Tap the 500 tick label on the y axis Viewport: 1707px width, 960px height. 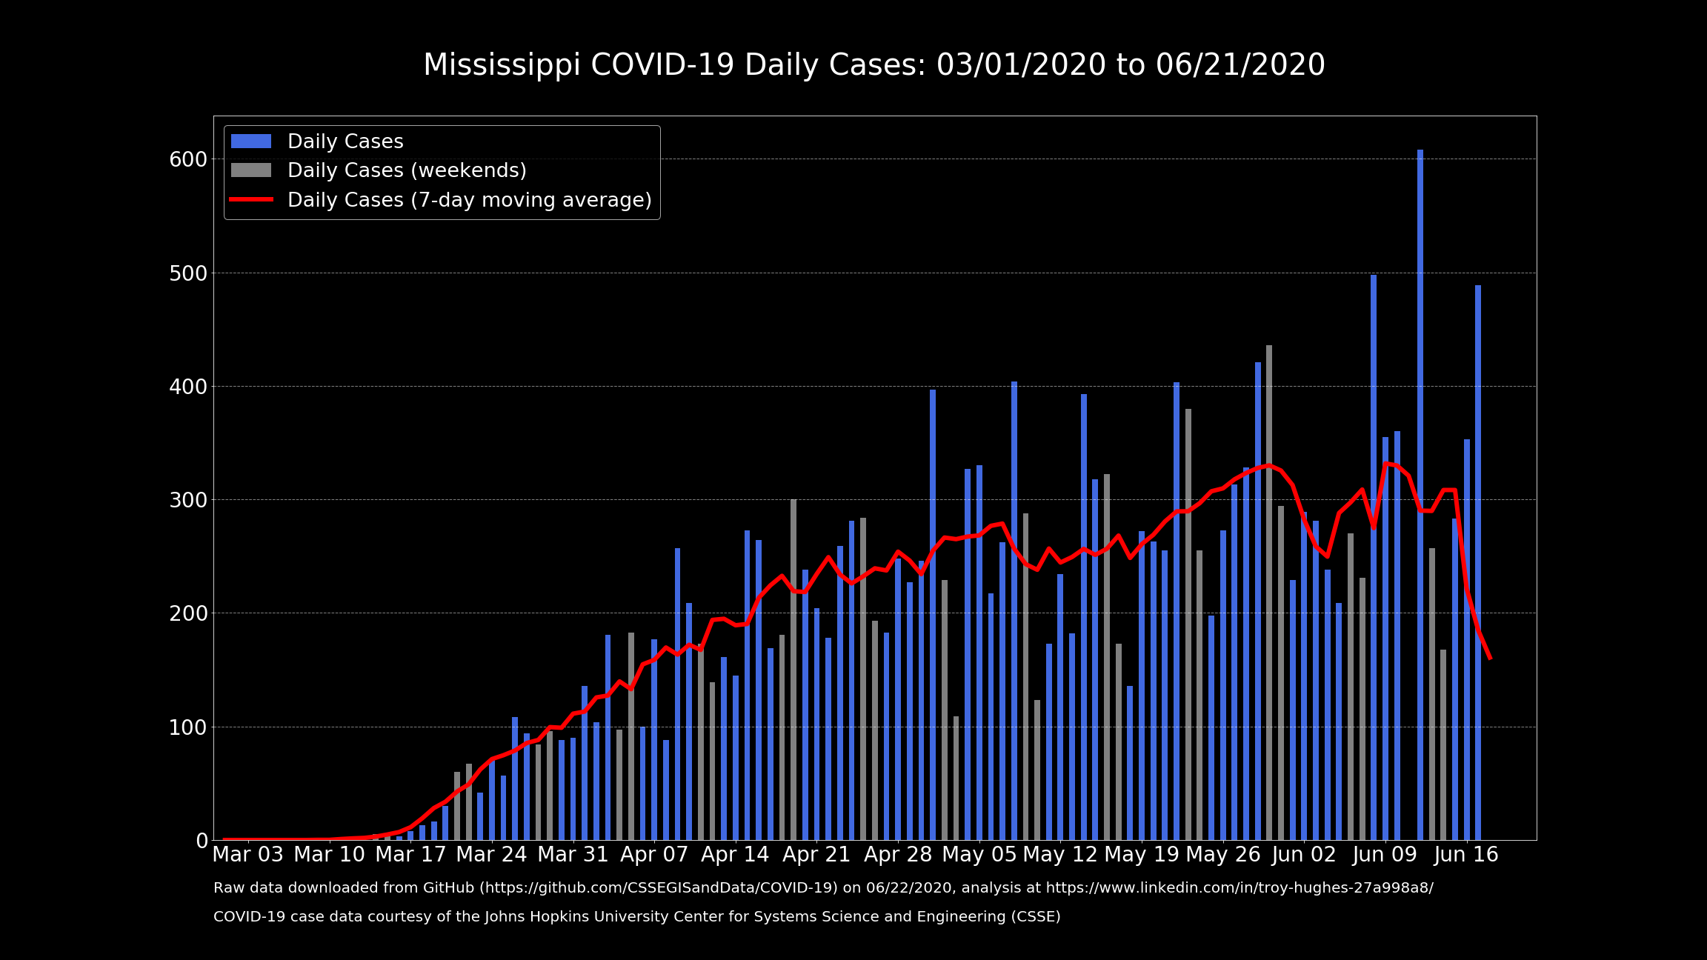(x=188, y=273)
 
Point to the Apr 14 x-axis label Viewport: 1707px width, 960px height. (x=735, y=855)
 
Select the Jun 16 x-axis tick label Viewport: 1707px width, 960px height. (x=1466, y=855)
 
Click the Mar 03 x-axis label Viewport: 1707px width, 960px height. (x=248, y=855)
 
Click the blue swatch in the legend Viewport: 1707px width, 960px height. (x=251, y=141)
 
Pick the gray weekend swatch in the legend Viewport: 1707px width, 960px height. (x=251, y=170)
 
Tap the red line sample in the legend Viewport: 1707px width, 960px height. (x=251, y=200)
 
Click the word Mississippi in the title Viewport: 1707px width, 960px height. (x=502, y=65)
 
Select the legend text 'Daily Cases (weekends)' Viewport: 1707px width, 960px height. (x=407, y=170)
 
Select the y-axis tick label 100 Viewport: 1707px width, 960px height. (x=188, y=727)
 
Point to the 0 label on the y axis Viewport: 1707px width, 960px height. (x=202, y=841)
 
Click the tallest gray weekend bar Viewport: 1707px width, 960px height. (x=1269, y=593)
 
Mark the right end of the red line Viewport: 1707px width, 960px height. (x=1490, y=658)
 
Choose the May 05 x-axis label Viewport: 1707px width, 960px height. (x=979, y=855)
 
